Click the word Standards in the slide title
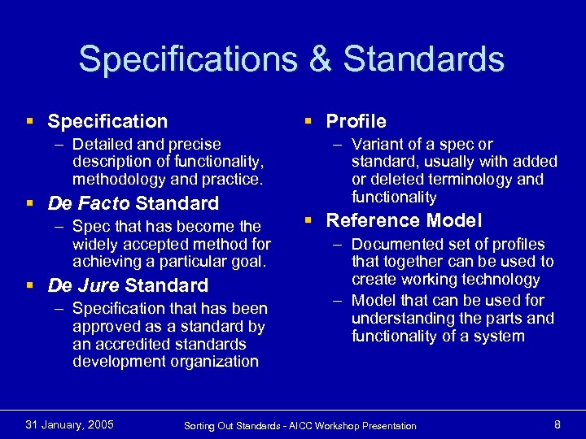click(423, 59)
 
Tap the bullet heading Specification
click(107, 122)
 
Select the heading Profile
click(356, 122)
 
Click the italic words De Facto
click(90, 203)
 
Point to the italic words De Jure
click(85, 285)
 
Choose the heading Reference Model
click(404, 220)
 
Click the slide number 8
click(557, 424)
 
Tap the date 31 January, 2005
click(70, 424)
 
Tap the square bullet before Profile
click(309, 122)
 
